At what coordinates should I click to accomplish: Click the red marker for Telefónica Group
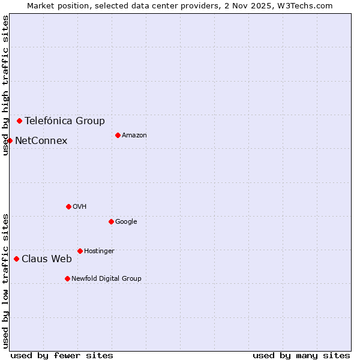tap(19, 121)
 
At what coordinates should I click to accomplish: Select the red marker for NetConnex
tap(10, 140)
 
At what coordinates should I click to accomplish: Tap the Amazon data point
tap(118, 135)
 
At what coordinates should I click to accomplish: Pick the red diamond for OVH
tap(68, 206)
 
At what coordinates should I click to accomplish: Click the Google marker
tap(111, 221)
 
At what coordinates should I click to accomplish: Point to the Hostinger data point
tap(80, 251)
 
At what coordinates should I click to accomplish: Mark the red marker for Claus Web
tap(16, 259)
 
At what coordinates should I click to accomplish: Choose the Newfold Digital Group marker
tap(67, 278)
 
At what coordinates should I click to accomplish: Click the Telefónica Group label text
tap(65, 121)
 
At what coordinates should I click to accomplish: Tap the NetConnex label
tap(41, 140)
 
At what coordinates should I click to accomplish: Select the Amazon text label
tap(134, 135)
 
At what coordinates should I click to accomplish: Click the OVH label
tap(80, 206)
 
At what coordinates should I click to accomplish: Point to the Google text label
tap(126, 221)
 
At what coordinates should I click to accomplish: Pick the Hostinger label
tap(99, 251)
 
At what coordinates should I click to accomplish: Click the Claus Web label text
tap(47, 259)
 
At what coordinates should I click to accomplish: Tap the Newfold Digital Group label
tap(106, 278)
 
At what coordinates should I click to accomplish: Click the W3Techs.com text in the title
tap(311, 5)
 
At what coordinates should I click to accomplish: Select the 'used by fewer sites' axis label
tap(62, 355)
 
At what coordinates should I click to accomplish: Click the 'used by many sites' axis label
tap(301, 355)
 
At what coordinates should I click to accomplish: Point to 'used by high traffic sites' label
tap(5, 85)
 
